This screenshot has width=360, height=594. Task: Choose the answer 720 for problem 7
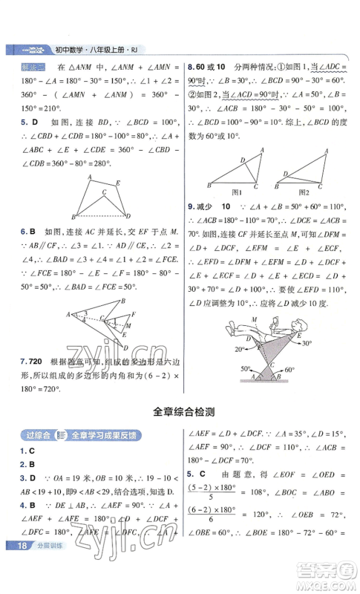[31, 362]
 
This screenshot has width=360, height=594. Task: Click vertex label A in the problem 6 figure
[68, 314]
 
